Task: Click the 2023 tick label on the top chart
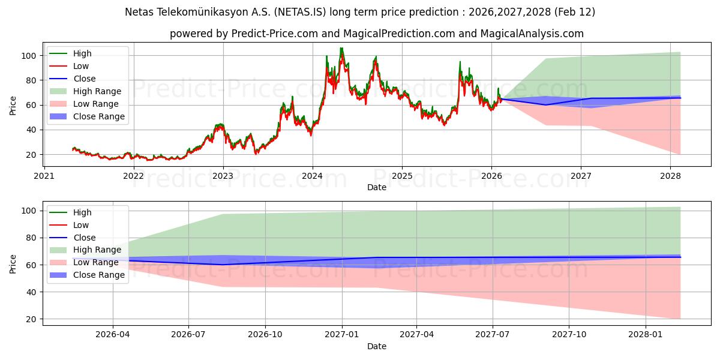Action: pos(223,176)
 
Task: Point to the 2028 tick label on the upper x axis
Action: pos(670,176)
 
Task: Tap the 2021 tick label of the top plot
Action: pos(44,176)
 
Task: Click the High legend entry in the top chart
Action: pos(82,53)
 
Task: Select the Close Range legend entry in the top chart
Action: pos(99,116)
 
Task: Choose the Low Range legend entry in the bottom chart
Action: pos(96,262)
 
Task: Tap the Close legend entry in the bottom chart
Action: pos(84,238)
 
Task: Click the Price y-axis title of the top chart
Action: pos(13,105)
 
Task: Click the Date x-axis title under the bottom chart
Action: pos(377,346)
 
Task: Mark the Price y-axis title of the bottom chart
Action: pos(13,264)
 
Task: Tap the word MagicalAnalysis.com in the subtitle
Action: pos(532,34)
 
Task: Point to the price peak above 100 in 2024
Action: pos(341,48)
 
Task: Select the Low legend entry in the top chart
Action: pos(81,66)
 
